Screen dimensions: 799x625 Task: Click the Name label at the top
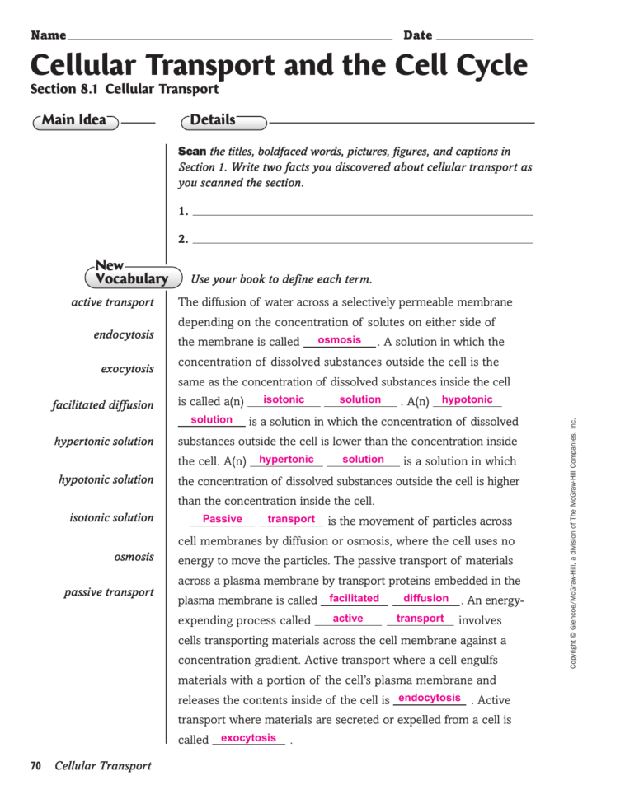coord(48,35)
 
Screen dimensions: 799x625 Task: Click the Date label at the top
coord(417,35)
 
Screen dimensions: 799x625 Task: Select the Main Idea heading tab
coord(75,121)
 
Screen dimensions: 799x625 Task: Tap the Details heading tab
coord(214,121)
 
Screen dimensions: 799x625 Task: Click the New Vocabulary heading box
coord(131,273)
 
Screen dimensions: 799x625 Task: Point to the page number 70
coord(35,766)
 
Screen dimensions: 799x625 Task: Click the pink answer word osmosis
coord(339,340)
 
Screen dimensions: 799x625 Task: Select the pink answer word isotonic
coord(284,399)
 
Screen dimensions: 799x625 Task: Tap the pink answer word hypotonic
coord(467,399)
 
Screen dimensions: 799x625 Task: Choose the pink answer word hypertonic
coord(286,460)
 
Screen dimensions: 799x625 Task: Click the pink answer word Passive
coord(222,519)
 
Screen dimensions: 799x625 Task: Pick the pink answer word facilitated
coord(354,598)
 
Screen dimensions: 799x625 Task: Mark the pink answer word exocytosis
coord(248,738)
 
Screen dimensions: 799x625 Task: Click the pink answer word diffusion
coord(426,598)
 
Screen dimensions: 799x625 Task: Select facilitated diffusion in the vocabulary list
coord(102,405)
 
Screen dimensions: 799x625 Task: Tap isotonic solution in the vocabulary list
coord(111,518)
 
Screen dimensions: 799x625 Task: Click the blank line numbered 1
coord(362,213)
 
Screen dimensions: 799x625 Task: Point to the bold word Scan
coord(192,152)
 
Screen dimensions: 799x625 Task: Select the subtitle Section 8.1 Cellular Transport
coord(124,89)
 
